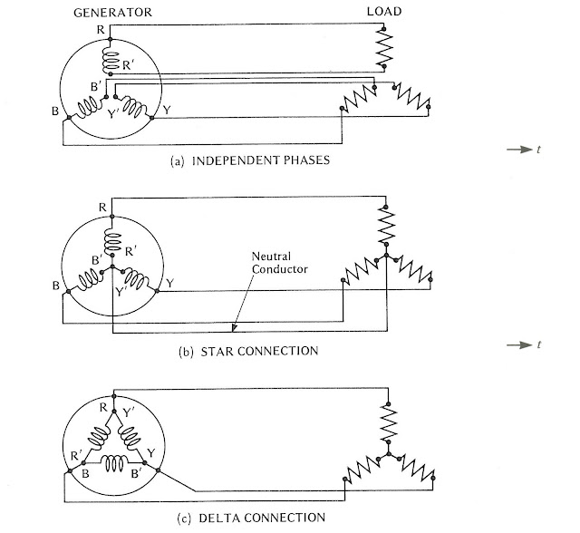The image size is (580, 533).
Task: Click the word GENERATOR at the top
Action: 112,13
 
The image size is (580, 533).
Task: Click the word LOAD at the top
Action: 384,12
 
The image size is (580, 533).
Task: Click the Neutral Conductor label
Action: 279,263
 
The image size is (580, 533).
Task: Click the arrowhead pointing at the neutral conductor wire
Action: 234,328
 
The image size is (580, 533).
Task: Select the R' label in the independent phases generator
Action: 128,65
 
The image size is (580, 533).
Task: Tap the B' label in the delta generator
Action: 136,473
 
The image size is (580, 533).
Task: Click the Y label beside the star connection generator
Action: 169,284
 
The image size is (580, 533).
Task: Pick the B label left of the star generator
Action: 56,286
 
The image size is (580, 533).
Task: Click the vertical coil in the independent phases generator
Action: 111,62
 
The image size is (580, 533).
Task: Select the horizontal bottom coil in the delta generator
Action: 114,462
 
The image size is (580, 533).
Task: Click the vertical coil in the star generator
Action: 112,241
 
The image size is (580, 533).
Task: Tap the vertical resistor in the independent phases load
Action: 384,47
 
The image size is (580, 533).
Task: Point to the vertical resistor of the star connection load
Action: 386,226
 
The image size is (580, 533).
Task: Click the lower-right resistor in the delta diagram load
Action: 417,468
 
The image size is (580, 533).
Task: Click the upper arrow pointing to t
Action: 519,150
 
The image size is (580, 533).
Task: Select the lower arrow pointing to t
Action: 519,344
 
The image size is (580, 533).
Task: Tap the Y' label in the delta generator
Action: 129,412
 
